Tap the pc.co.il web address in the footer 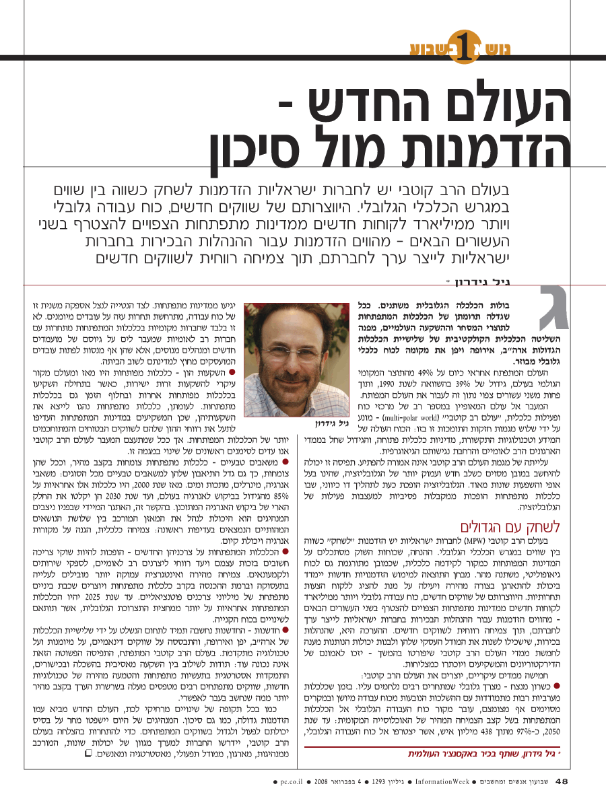point(294,783)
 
